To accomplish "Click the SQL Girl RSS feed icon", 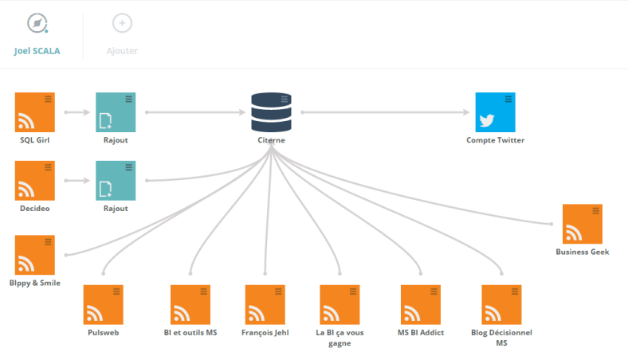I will pyautogui.click(x=35, y=112).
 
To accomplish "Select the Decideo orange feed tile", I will pyautogui.click(x=35, y=181).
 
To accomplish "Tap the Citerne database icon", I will pyautogui.click(x=271, y=112).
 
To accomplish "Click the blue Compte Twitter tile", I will pyautogui.click(x=495, y=112).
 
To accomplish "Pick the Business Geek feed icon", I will pyautogui.click(x=582, y=224).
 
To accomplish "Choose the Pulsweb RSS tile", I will pyautogui.click(x=103, y=305).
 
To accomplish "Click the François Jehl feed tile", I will pyautogui.click(x=265, y=305).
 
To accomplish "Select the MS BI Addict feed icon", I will pyautogui.click(x=420, y=305).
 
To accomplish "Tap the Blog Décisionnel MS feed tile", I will pyautogui.click(x=501, y=305).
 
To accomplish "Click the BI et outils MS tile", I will pyautogui.click(x=190, y=305).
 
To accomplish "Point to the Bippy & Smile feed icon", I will pyautogui.click(x=35, y=255).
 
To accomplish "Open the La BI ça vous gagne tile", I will pyautogui.click(x=340, y=305).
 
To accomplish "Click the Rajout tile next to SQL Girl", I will pyautogui.click(x=116, y=112).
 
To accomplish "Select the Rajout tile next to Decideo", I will pyautogui.click(x=116, y=181).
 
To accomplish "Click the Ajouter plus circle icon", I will pyautogui.click(x=122, y=23).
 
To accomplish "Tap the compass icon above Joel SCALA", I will pyautogui.click(x=37, y=23).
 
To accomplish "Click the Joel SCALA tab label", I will pyautogui.click(x=37, y=51).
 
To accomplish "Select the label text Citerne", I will pyautogui.click(x=271, y=140).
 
